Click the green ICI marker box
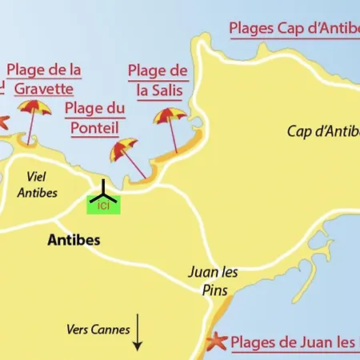tap(103, 206)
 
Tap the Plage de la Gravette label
tap(43, 78)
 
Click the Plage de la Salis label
tap(158, 81)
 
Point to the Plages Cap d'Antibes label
tap(294, 29)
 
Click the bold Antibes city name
tap(74, 239)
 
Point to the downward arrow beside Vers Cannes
tap(137, 332)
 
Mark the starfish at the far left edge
tap(3, 122)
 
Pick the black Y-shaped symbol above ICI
tap(103, 192)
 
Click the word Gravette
tap(43, 87)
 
